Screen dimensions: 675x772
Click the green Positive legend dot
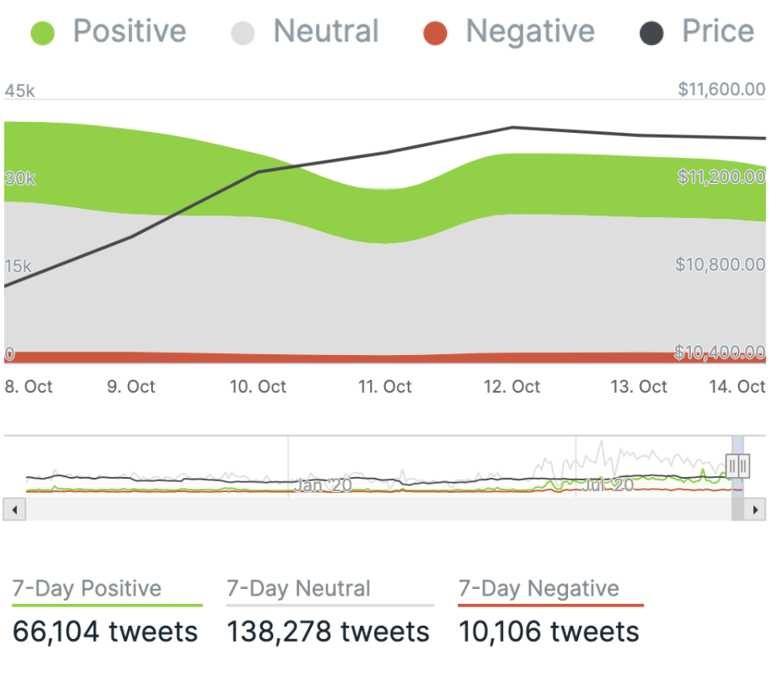(42, 33)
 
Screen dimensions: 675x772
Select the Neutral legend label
(326, 32)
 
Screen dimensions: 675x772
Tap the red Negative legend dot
(434, 33)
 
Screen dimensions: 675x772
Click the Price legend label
(718, 32)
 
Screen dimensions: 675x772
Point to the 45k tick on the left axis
(20, 91)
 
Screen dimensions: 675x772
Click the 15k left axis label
(18, 266)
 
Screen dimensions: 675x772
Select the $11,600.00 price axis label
(722, 89)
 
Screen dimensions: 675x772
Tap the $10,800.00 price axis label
(720, 265)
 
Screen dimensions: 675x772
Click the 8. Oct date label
(29, 387)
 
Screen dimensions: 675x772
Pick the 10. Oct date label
(258, 387)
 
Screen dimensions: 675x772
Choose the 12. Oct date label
(513, 387)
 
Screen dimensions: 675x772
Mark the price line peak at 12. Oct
(512, 128)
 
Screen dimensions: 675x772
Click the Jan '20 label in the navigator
(323, 485)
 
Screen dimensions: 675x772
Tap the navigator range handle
(738, 465)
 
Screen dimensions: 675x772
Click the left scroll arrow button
(13, 509)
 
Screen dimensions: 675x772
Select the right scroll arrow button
(756, 509)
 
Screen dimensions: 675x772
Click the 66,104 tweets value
(105, 632)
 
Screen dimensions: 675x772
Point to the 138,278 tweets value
(328, 632)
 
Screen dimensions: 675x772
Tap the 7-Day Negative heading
(539, 588)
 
